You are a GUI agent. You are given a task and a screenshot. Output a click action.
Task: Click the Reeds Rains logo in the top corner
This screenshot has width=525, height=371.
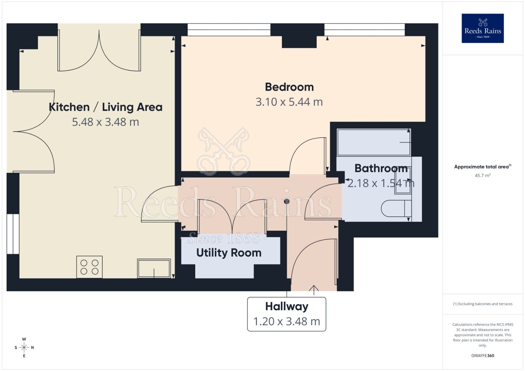[x=482, y=28]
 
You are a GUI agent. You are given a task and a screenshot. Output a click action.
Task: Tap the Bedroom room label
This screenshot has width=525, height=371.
[x=289, y=87]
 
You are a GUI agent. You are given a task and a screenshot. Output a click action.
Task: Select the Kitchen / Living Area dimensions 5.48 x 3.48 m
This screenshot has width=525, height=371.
[x=105, y=122]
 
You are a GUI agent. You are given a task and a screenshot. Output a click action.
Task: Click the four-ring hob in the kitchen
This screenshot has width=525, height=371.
[x=89, y=267]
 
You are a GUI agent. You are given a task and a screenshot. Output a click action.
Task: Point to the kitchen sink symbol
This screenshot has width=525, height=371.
[x=154, y=268]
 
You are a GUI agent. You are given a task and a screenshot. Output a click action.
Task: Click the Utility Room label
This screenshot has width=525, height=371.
[x=229, y=253]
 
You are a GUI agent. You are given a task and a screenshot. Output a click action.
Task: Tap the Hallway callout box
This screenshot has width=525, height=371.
[x=286, y=314]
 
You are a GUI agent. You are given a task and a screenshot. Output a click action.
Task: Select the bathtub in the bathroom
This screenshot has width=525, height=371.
[x=373, y=142]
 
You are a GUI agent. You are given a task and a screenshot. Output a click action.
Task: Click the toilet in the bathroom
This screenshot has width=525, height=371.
[x=395, y=208]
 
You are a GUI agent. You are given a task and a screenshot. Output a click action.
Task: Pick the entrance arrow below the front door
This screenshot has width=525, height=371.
[x=314, y=290]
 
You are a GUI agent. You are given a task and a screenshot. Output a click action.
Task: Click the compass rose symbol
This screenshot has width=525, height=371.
[x=24, y=347]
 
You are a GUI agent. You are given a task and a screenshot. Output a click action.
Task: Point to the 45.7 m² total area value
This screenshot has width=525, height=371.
[x=482, y=175]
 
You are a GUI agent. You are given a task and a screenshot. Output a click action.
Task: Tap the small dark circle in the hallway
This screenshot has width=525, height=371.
[x=287, y=201]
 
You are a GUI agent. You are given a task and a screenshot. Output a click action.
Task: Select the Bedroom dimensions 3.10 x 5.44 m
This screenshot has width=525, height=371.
[x=289, y=102]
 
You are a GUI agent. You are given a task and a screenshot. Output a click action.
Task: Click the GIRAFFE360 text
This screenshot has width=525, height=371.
[x=482, y=356]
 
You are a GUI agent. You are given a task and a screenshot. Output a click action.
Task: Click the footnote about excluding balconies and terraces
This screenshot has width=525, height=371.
[x=482, y=304]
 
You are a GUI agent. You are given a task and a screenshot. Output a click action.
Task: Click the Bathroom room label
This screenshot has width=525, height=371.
[x=381, y=168]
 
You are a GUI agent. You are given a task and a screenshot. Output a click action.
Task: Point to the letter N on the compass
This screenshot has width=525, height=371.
[x=32, y=347]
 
